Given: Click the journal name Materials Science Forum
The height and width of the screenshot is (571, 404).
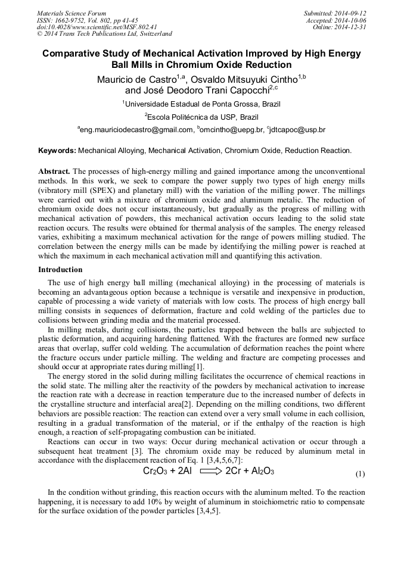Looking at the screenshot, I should point(72,13).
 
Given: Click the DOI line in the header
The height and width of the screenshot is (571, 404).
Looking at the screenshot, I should point(97,27).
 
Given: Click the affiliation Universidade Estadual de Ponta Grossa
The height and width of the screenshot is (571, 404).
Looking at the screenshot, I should point(201,104).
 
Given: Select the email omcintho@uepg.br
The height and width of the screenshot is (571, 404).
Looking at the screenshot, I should point(232,129).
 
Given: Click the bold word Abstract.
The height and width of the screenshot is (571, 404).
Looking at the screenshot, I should point(54,170).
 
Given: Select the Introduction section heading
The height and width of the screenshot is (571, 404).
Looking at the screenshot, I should point(60,270).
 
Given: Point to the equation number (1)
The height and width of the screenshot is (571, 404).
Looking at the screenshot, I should point(360,475).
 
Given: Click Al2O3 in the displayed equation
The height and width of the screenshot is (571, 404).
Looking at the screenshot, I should point(259,472).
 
